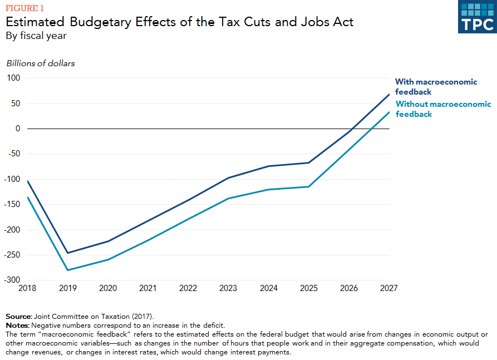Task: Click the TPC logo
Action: coord(477,17)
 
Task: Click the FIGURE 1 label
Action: coord(24,8)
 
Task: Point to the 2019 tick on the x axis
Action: coord(68,288)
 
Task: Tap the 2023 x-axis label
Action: coord(229,288)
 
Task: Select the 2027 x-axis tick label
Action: coord(389,288)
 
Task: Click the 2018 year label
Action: coord(28,288)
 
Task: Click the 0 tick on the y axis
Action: coord(18,129)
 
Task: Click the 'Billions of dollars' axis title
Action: coord(41,63)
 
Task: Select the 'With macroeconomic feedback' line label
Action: coord(436,87)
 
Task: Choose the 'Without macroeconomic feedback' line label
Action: coord(443,109)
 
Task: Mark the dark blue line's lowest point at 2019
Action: coord(68,253)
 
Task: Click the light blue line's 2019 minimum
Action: coord(68,270)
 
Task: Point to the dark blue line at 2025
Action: coord(309,162)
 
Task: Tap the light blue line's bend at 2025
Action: coord(309,186)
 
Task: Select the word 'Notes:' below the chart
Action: coord(17,324)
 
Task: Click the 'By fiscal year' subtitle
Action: coord(37,36)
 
